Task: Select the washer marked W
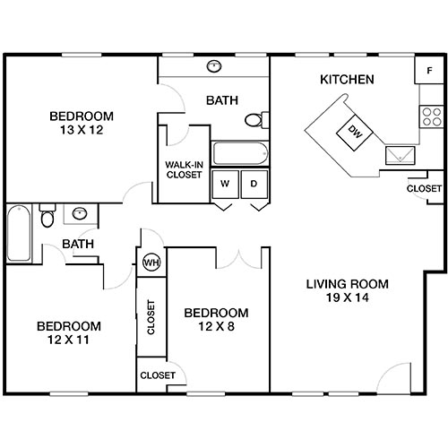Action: pyautogui.click(x=225, y=184)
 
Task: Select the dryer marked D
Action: pyautogui.click(x=254, y=184)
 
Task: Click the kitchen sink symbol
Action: pyautogui.click(x=400, y=155)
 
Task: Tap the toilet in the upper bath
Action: pyautogui.click(x=254, y=120)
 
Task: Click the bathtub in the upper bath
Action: pyautogui.click(x=240, y=152)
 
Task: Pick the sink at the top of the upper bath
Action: pyautogui.click(x=215, y=66)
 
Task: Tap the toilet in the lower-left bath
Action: pyautogui.click(x=49, y=217)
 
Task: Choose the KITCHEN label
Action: pyautogui.click(x=347, y=80)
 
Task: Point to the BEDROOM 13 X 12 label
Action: pyautogui.click(x=82, y=122)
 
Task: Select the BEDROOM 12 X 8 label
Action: pyautogui.click(x=216, y=319)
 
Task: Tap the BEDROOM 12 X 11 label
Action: pyautogui.click(x=68, y=332)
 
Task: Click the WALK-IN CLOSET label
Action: pyautogui.click(x=184, y=169)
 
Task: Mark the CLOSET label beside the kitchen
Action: pyautogui.click(x=424, y=189)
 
